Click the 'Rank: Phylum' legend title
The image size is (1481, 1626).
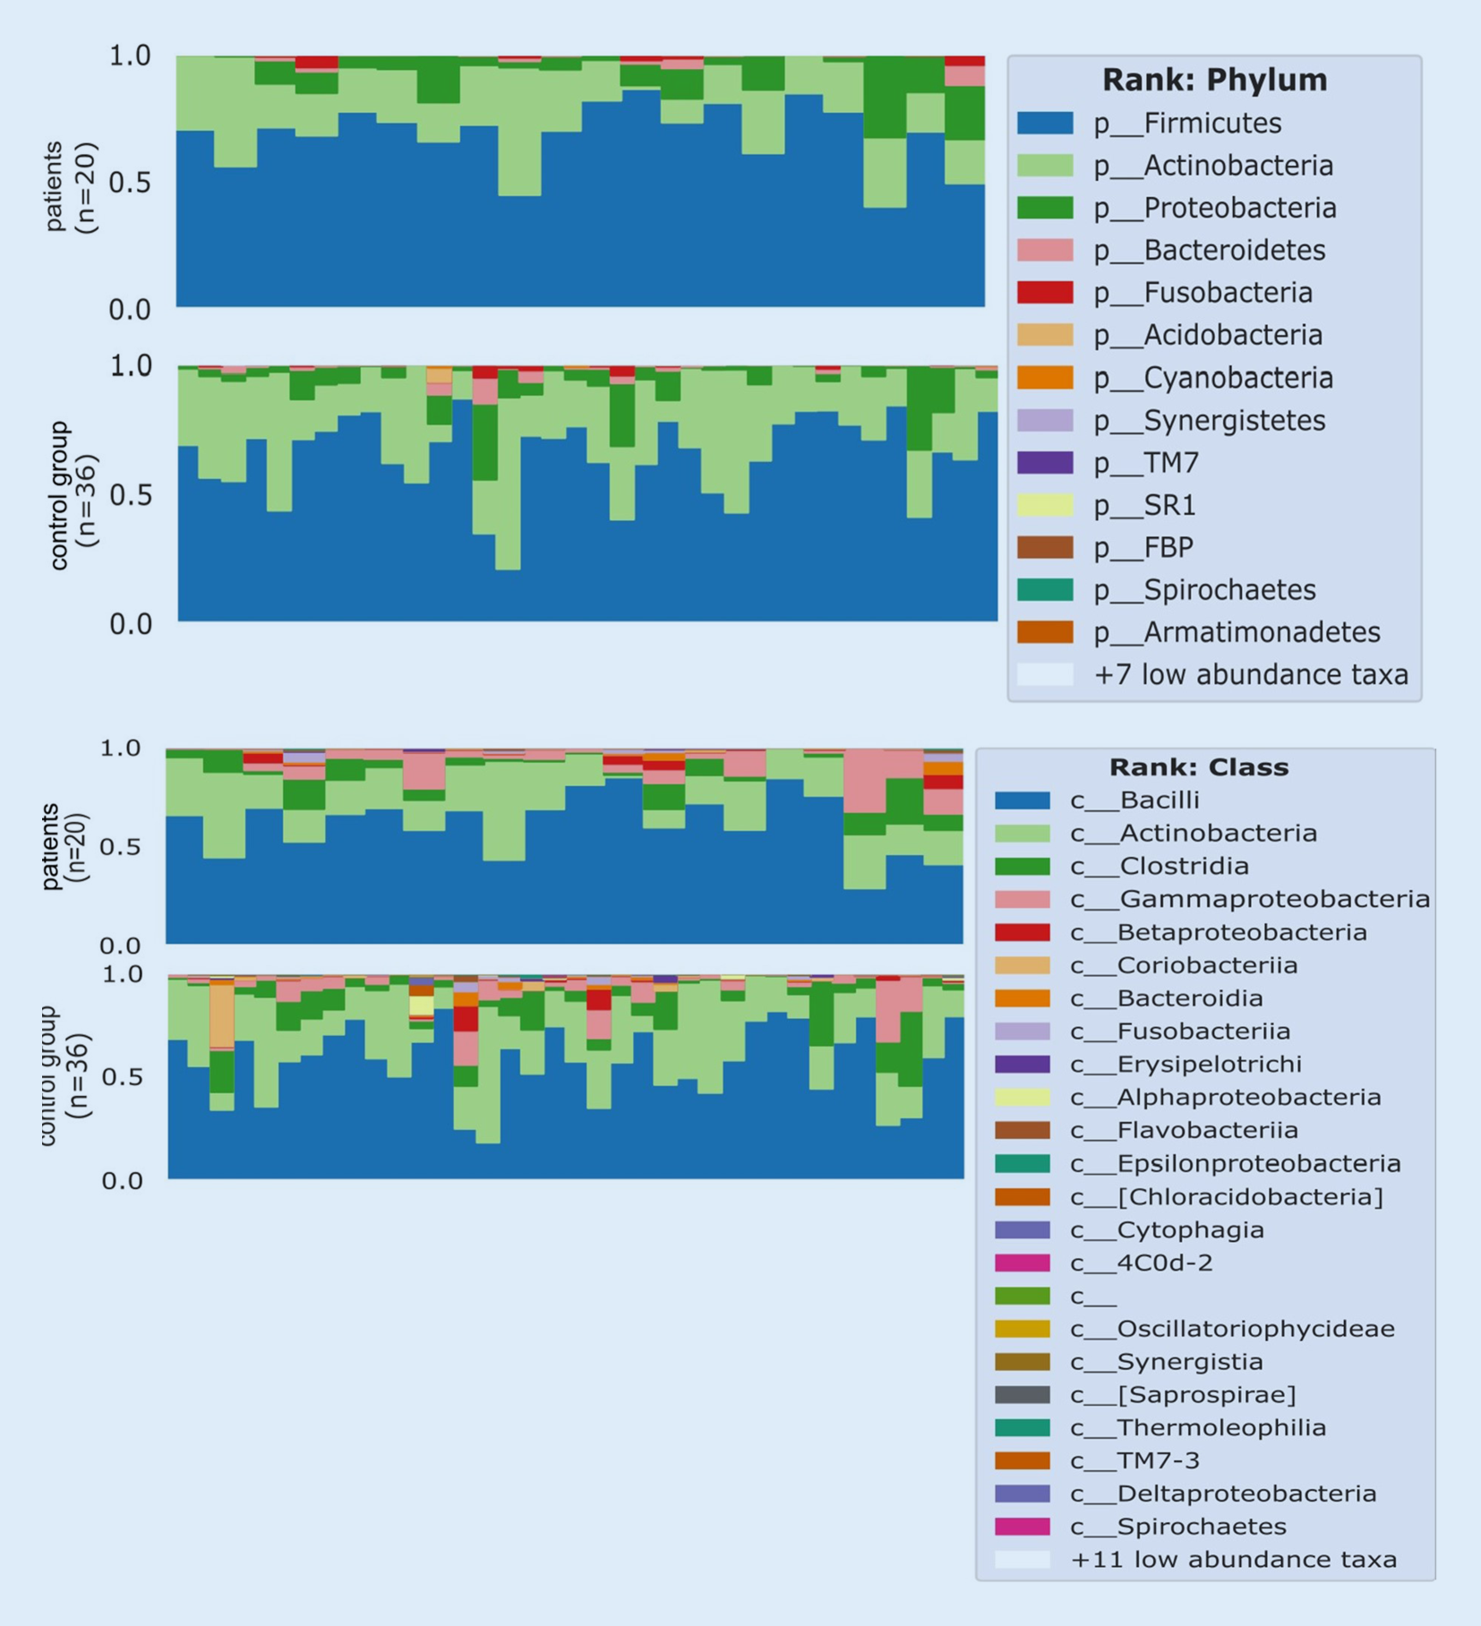pyautogui.click(x=1213, y=80)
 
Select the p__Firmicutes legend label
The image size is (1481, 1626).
pyautogui.click(x=1186, y=124)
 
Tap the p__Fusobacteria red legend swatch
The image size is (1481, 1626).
pyautogui.click(x=1045, y=293)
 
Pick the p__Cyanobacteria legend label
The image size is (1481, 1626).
pyautogui.click(x=1212, y=378)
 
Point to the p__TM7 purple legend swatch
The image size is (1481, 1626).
pyautogui.click(x=1045, y=463)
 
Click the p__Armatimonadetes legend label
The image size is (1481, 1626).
pyautogui.click(x=1237, y=632)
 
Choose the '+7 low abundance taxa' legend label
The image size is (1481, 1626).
pyautogui.click(x=1251, y=674)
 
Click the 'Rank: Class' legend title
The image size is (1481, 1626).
pyautogui.click(x=1199, y=767)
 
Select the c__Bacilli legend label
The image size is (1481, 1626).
pyautogui.click(x=1134, y=800)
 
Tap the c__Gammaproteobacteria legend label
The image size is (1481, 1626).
pyautogui.click(x=1250, y=899)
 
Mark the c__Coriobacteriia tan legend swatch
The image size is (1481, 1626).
pyautogui.click(x=1022, y=965)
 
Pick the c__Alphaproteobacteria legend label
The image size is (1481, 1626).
pyautogui.click(x=1226, y=1097)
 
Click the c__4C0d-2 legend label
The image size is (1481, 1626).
pyautogui.click(x=1142, y=1262)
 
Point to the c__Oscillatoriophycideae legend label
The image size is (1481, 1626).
pyautogui.click(x=1232, y=1329)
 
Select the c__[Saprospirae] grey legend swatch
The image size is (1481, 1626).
pyautogui.click(x=1022, y=1395)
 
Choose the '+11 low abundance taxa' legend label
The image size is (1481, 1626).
pyautogui.click(x=1233, y=1560)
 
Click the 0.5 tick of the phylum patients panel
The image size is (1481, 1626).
pyautogui.click(x=129, y=183)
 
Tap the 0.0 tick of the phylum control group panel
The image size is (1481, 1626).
pyautogui.click(x=130, y=624)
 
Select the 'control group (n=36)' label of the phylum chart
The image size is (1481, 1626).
pyautogui.click(x=72, y=495)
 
